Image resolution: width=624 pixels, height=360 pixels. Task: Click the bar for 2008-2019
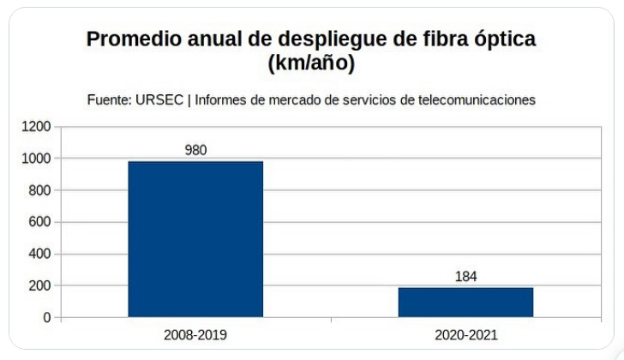coord(195,239)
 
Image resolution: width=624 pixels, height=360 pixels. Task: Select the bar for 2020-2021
coord(465,302)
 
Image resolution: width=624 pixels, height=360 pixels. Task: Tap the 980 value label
coord(195,150)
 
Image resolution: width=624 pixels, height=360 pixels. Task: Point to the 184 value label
coord(465,277)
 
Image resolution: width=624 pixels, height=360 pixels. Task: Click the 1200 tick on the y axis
coord(36,127)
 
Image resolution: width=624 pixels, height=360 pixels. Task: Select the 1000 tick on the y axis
coord(36,159)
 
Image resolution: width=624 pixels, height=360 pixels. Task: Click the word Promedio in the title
coord(130,40)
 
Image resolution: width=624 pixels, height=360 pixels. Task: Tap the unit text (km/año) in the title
coord(311,63)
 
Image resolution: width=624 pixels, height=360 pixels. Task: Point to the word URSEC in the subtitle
coord(160,99)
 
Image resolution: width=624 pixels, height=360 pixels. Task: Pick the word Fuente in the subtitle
coord(107,99)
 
